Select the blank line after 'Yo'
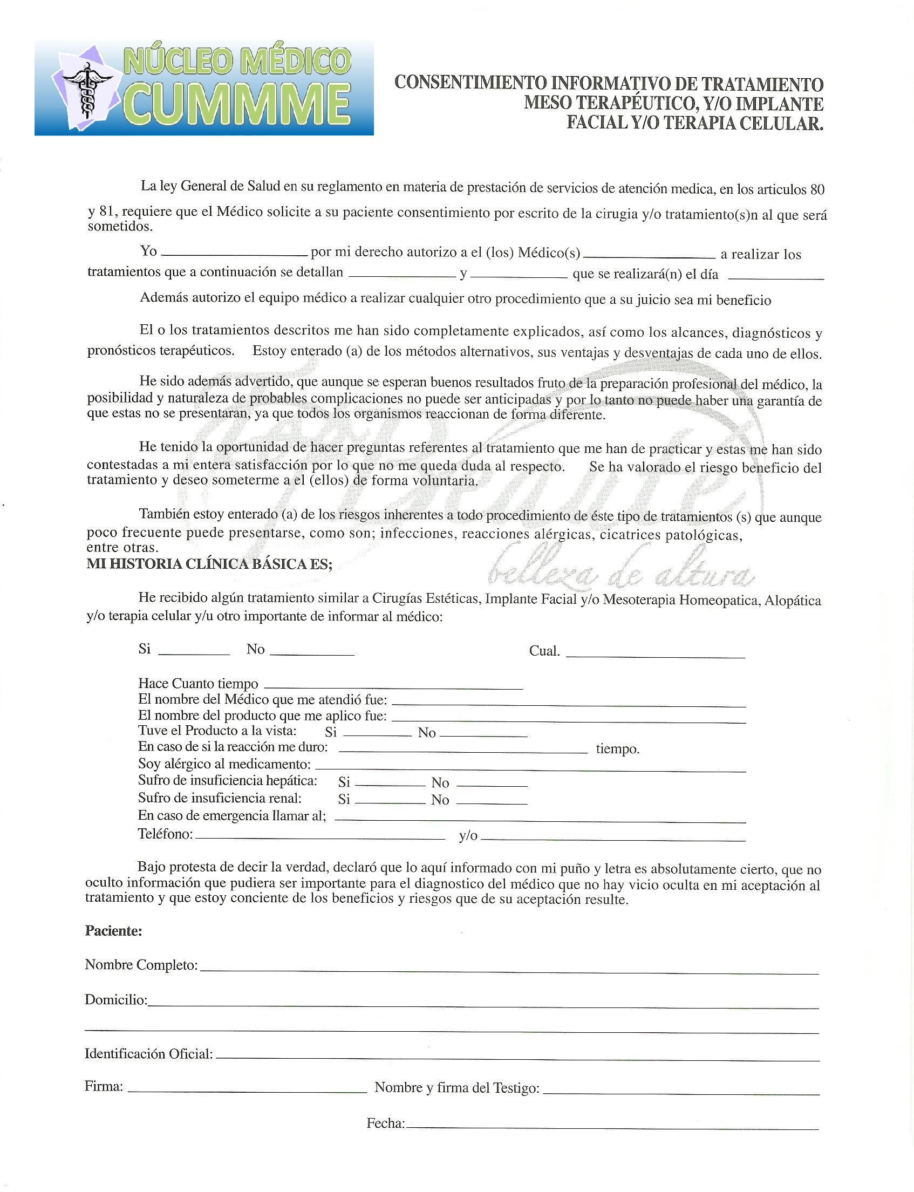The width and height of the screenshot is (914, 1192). tap(235, 253)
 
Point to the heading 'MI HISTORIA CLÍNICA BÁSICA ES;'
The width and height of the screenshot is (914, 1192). tap(209, 564)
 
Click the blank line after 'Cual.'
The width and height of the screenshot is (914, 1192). tap(655, 655)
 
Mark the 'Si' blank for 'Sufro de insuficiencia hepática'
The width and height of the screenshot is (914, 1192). tap(390, 785)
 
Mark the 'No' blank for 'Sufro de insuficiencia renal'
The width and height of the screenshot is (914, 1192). tap(492, 801)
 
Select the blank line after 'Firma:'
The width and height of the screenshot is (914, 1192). tap(247, 1089)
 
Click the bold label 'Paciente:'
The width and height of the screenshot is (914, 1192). tap(114, 931)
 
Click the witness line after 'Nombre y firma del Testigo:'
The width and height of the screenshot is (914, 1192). tap(681, 1091)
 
